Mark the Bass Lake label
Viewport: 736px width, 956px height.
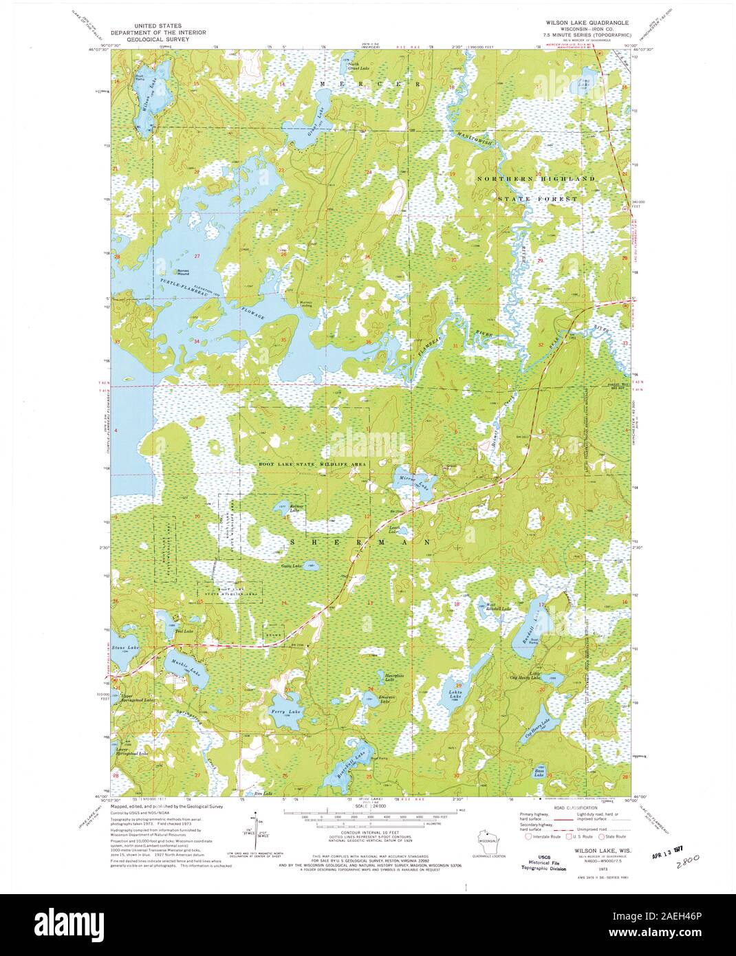(539, 774)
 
